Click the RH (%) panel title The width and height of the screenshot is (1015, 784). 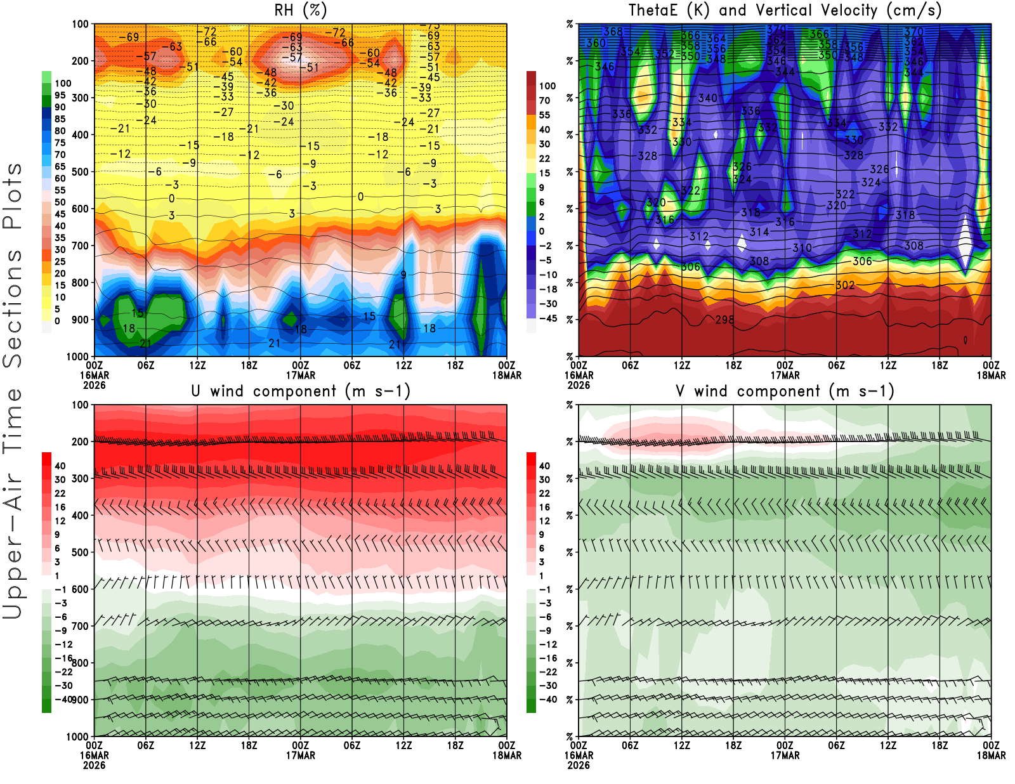pos(300,10)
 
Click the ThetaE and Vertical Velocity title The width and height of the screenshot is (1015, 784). pos(785,10)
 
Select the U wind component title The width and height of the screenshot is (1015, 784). pos(301,391)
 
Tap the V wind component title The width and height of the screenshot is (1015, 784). pos(785,391)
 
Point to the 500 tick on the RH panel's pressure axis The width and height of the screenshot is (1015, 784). pos(80,172)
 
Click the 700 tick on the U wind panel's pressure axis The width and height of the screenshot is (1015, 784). pos(80,626)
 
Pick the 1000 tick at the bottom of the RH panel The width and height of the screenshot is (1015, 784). pos(77,356)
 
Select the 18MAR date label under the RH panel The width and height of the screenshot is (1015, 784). pos(507,375)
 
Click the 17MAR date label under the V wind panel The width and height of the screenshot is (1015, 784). pos(785,755)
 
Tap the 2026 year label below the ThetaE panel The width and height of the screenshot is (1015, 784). pos(579,385)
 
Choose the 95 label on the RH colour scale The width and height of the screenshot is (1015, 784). pos(60,95)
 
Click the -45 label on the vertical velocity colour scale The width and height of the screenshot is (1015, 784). pos(548,318)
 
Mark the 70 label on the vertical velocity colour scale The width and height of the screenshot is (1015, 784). pos(544,100)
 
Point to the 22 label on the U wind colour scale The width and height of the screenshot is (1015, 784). pos(60,493)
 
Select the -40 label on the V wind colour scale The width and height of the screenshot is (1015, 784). pos(548,699)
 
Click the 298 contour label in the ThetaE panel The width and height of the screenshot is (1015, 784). pos(724,320)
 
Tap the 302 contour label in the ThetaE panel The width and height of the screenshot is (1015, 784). pos(845,285)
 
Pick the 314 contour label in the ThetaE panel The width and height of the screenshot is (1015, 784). pos(759,232)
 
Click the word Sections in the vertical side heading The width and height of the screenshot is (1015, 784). pos(13,308)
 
